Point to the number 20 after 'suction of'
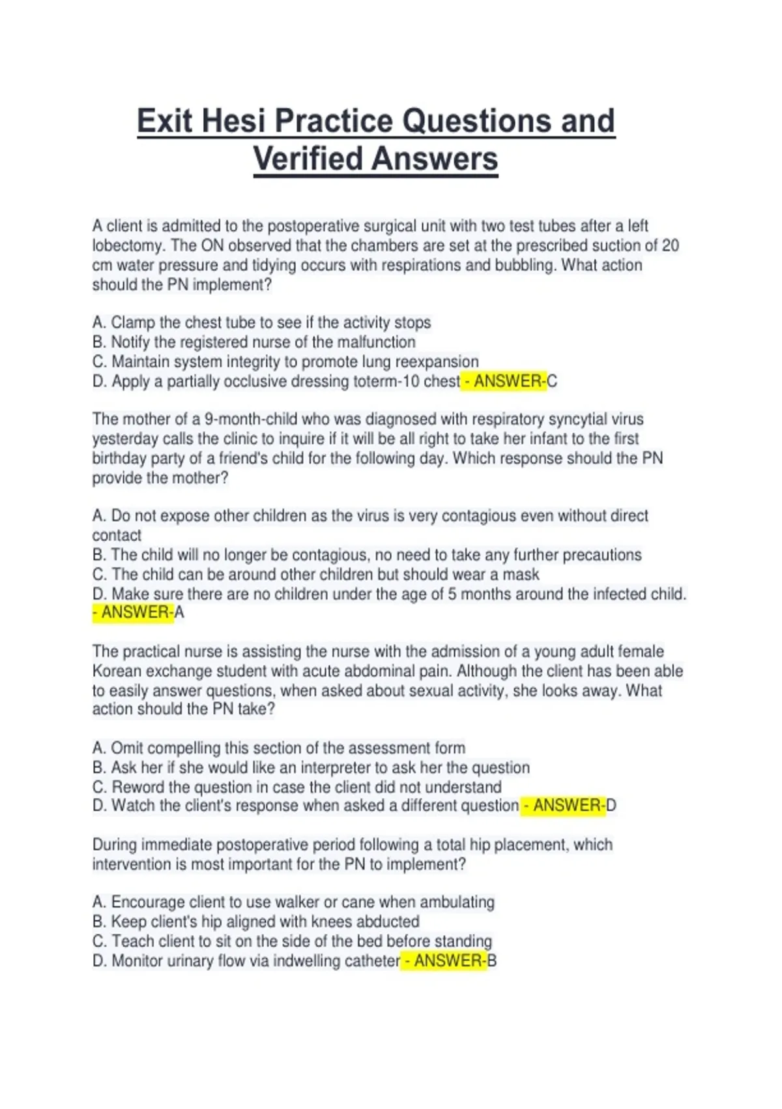pos(670,246)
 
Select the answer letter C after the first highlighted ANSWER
pos(552,382)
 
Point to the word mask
pos(522,575)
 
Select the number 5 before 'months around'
pos(452,594)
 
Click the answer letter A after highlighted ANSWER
pos(179,613)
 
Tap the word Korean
pos(117,671)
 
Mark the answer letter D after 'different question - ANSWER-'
pos(611,806)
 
